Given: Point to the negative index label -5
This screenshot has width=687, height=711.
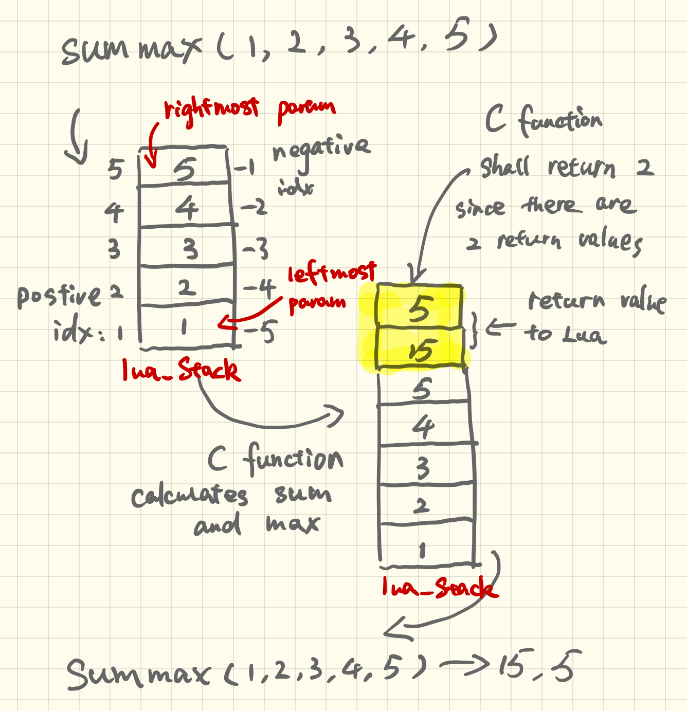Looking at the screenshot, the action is coord(261,332).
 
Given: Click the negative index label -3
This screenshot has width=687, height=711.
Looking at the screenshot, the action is coord(256,250).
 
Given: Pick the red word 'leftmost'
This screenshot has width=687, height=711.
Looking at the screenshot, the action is coord(332,272).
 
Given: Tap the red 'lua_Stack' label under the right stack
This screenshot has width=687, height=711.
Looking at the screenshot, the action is coord(440,587).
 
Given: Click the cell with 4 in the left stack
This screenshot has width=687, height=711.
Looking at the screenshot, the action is coord(186,207).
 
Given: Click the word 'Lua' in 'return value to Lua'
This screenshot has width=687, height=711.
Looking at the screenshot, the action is coord(584,335).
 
